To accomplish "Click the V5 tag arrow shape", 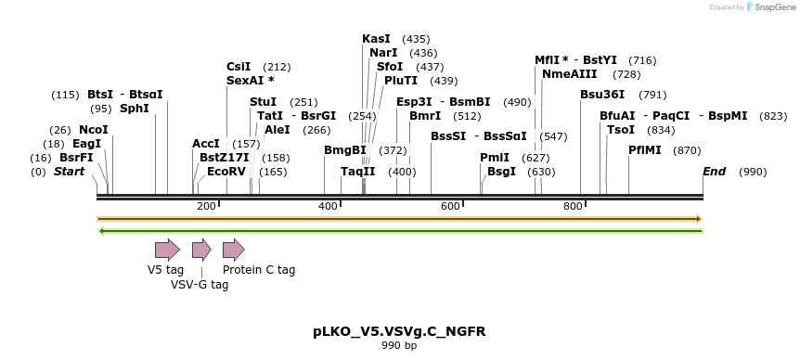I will coord(167,249).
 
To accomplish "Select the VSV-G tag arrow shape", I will coord(201,249).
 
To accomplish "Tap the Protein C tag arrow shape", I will coord(233,249).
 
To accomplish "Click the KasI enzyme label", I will coord(376,39).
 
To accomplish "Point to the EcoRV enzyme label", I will coord(226,172).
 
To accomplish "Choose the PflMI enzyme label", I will coord(645,149).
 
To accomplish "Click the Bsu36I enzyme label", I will coord(602,95).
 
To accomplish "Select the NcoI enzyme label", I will coord(94,130).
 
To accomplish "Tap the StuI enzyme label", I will coord(264,102).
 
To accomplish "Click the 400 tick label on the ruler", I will coord(328,206).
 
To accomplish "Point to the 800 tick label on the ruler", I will coord(573,206).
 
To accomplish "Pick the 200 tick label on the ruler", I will coord(206,206).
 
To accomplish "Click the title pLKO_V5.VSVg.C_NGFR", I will coord(399,331).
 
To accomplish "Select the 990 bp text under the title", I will coord(399,346).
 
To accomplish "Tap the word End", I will coord(714,172).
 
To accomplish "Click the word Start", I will coord(69,172).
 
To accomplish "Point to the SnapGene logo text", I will coord(774,7).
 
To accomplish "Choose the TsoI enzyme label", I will coord(621,130).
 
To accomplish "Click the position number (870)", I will coord(687,150).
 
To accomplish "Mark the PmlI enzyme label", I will coord(495,158).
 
